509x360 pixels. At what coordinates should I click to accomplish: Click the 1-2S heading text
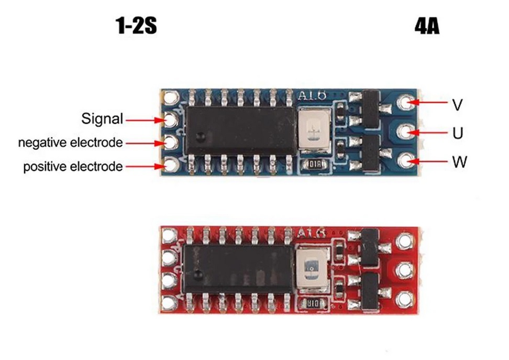[136, 26]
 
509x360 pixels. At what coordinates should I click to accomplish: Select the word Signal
[102, 118]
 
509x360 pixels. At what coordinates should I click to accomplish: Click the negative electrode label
[71, 143]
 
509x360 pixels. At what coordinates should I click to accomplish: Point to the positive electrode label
[73, 167]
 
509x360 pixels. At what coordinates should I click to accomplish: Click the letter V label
[457, 105]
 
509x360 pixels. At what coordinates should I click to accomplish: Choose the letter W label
[459, 161]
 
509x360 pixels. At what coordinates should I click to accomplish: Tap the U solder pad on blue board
[405, 132]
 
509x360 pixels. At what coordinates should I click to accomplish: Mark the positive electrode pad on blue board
[170, 166]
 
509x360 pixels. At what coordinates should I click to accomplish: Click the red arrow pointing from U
[430, 133]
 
